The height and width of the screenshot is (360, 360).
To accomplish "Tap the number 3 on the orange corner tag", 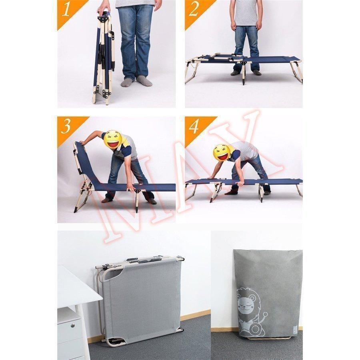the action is point(66,127).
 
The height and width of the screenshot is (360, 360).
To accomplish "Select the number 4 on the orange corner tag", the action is point(194,126).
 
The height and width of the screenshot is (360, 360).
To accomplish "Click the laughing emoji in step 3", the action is point(113,139).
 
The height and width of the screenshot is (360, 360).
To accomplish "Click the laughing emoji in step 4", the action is point(222,153).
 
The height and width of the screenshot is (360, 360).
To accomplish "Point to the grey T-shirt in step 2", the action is point(246,13).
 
